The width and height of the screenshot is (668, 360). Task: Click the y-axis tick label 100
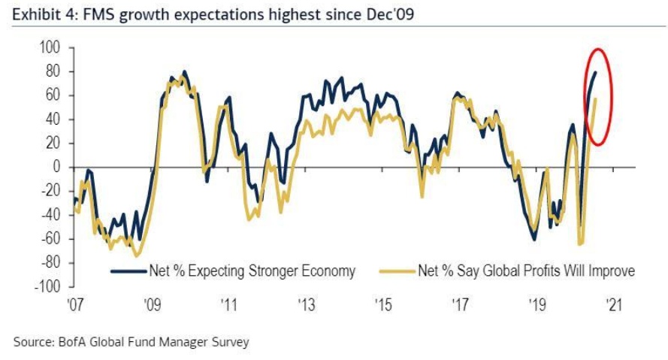tap(50, 48)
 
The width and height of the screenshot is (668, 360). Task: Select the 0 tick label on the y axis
tap(56, 168)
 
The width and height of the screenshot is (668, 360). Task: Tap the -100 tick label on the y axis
tap(47, 287)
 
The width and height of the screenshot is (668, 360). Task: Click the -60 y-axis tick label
tap(50, 239)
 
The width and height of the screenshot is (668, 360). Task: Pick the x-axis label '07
tap(74, 305)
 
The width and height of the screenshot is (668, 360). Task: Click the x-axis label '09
tap(152, 305)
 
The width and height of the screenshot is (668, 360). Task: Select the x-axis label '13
tap(306, 305)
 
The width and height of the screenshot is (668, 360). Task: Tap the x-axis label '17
tap(460, 305)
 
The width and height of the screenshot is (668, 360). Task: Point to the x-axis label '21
tap(614, 305)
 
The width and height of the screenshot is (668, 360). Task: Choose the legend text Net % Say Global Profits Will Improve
tap(526, 271)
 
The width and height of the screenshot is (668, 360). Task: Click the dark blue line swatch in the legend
tap(127, 271)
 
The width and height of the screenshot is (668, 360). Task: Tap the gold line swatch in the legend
tap(398, 271)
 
